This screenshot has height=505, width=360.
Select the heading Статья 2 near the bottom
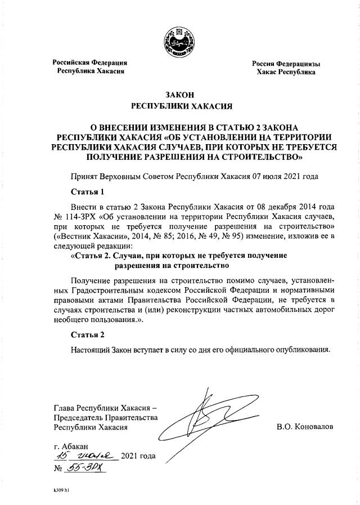[87, 335]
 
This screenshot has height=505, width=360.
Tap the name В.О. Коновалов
[305, 427]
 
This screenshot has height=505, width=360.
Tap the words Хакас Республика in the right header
[286, 73]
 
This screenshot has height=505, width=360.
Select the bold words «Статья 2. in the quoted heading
[94, 256]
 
